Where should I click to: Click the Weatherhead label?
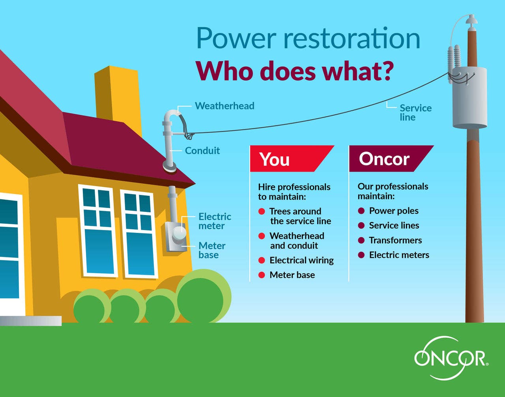[224, 106]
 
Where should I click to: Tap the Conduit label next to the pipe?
[202, 151]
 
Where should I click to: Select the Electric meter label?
[215, 221]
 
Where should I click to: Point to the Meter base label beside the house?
[212, 250]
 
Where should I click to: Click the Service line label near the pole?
[415, 112]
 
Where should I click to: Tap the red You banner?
[292, 159]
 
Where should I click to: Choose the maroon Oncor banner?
[391, 159]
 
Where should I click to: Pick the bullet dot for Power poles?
[361, 211]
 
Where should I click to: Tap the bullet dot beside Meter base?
[262, 275]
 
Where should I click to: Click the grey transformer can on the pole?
[469, 97]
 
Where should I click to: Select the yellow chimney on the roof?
[118, 97]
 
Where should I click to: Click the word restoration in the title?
[352, 37]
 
